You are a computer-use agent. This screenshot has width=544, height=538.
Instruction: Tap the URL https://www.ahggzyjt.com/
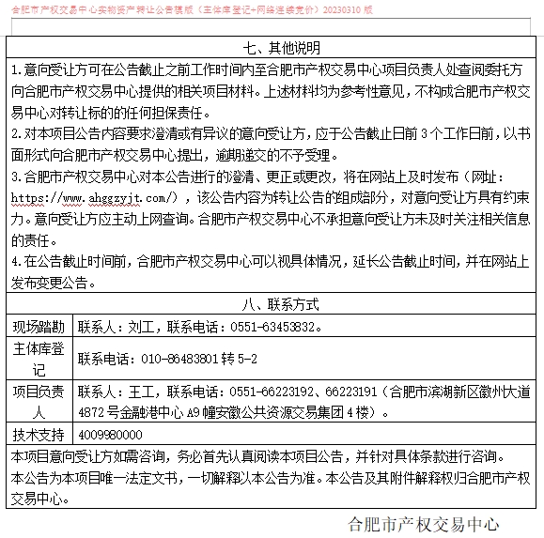tap(94, 198)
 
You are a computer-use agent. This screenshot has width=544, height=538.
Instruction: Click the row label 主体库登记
tap(39, 358)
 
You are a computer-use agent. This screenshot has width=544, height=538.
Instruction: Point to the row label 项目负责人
tap(39, 401)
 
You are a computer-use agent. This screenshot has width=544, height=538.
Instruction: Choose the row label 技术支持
tap(39, 434)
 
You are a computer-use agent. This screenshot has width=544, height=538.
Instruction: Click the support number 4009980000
tap(110, 434)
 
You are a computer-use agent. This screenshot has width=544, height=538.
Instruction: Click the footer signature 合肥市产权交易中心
tap(423, 523)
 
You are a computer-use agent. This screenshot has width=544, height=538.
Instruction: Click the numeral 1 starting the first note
tap(14, 70)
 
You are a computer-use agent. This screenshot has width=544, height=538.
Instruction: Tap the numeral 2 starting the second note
tap(14, 133)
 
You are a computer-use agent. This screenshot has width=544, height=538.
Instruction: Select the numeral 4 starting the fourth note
tap(14, 261)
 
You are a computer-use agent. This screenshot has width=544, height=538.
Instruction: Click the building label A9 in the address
tap(196, 411)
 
